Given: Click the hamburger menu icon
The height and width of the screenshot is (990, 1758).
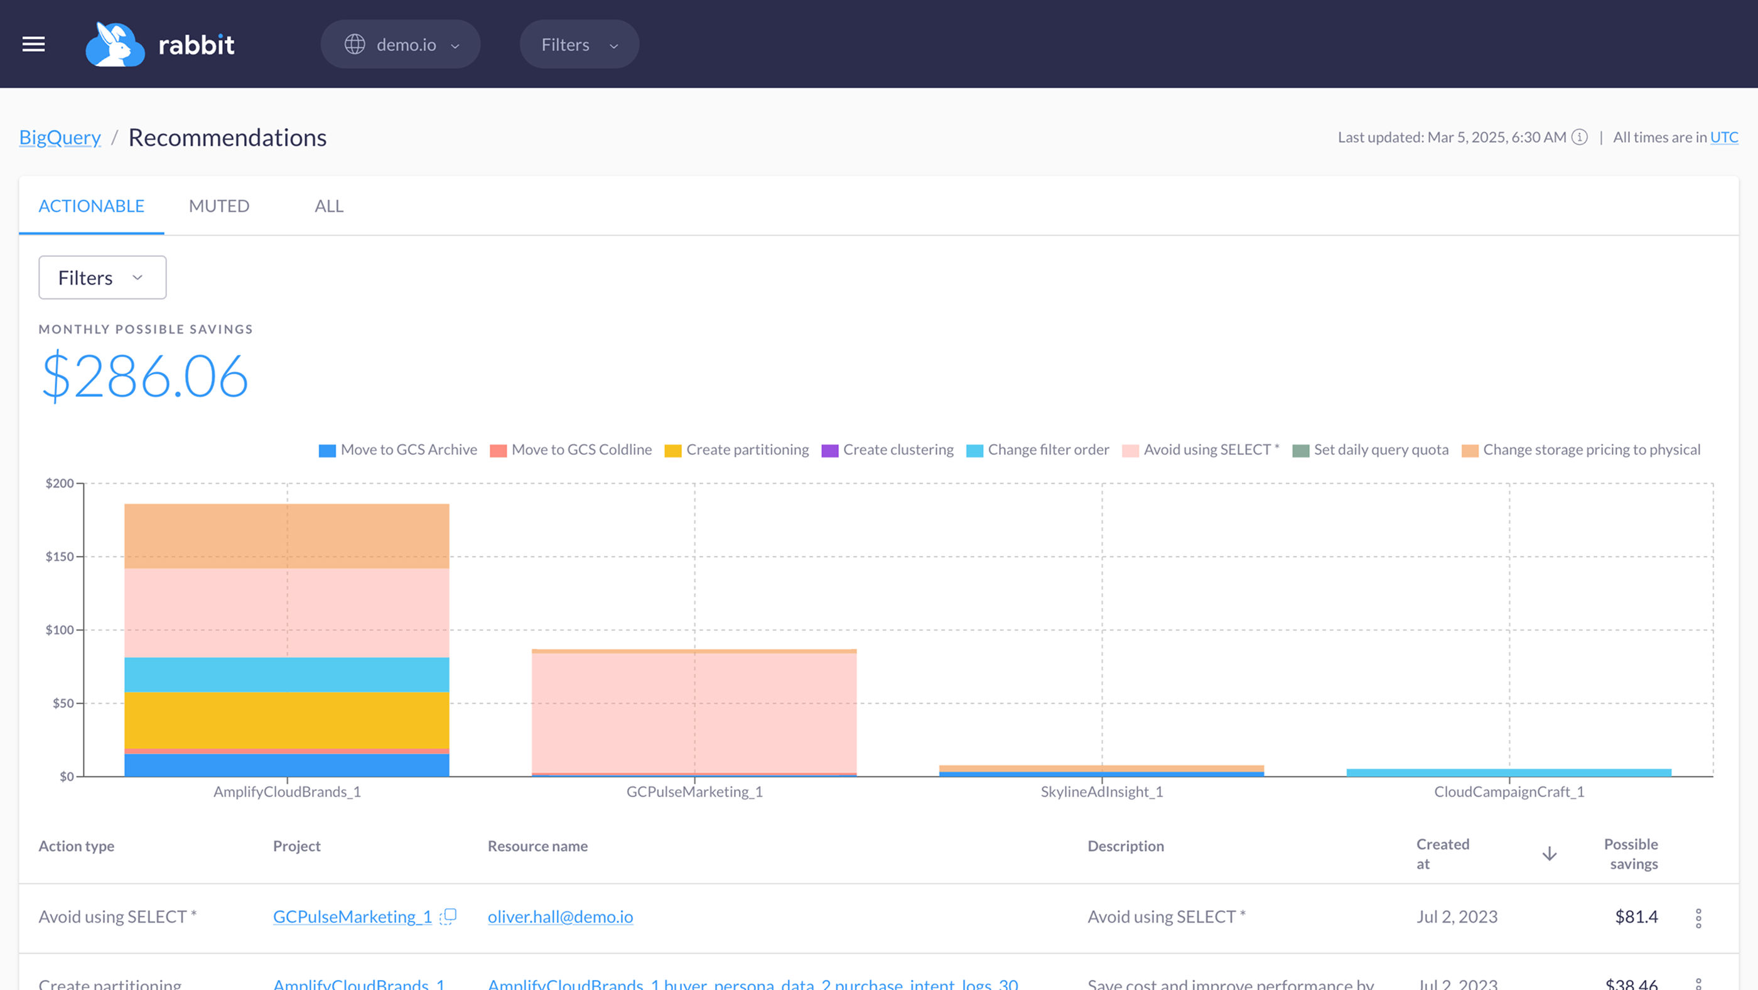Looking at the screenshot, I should pyautogui.click(x=33, y=45).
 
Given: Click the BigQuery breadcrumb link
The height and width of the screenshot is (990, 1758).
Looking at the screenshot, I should pyautogui.click(x=60, y=137).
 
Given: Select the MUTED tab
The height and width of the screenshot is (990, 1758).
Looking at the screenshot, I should pyautogui.click(x=219, y=205).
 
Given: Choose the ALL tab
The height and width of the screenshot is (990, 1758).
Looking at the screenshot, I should pyautogui.click(x=328, y=205).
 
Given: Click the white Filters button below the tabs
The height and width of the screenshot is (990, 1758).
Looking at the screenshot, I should pyautogui.click(x=102, y=277).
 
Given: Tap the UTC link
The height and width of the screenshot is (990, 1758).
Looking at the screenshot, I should pyautogui.click(x=1724, y=137).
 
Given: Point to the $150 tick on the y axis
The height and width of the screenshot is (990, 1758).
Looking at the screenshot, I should pyautogui.click(x=60, y=557).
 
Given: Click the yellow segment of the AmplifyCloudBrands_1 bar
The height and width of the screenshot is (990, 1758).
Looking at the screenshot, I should pyautogui.click(x=287, y=720).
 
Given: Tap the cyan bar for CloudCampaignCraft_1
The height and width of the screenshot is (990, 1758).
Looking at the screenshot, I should pyautogui.click(x=1508, y=772).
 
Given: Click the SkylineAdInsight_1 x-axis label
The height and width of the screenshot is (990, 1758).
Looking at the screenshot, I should pyautogui.click(x=1101, y=792).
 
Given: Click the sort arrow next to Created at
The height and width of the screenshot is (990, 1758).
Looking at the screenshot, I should pyautogui.click(x=1549, y=854).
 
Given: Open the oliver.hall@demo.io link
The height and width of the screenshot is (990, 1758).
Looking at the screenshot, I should pyautogui.click(x=560, y=917).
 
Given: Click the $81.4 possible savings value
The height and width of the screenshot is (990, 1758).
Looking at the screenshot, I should pyautogui.click(x=1636, y=917).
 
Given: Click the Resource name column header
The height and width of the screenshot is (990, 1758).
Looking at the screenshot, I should pyautogui.click(x=537, y=846).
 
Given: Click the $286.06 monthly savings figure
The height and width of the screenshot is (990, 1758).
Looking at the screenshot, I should pyautogui.click(x=144, y=376).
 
